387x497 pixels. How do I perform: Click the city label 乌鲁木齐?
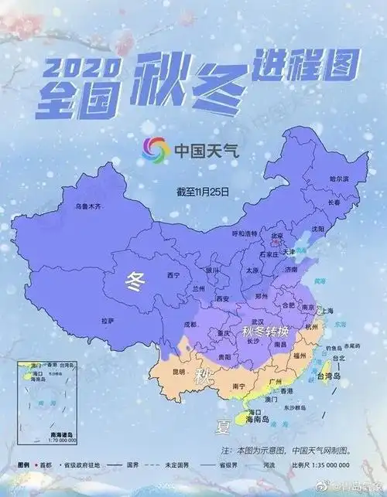click(x=87, y=207)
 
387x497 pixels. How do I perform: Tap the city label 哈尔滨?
click(x=338, y=179)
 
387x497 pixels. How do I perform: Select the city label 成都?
click(x=190, y=325)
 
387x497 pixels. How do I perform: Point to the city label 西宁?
click(x=173, y=275)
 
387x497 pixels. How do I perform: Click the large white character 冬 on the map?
click(x=135, y=281)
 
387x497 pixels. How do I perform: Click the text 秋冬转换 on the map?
click(x=265, y=332)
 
